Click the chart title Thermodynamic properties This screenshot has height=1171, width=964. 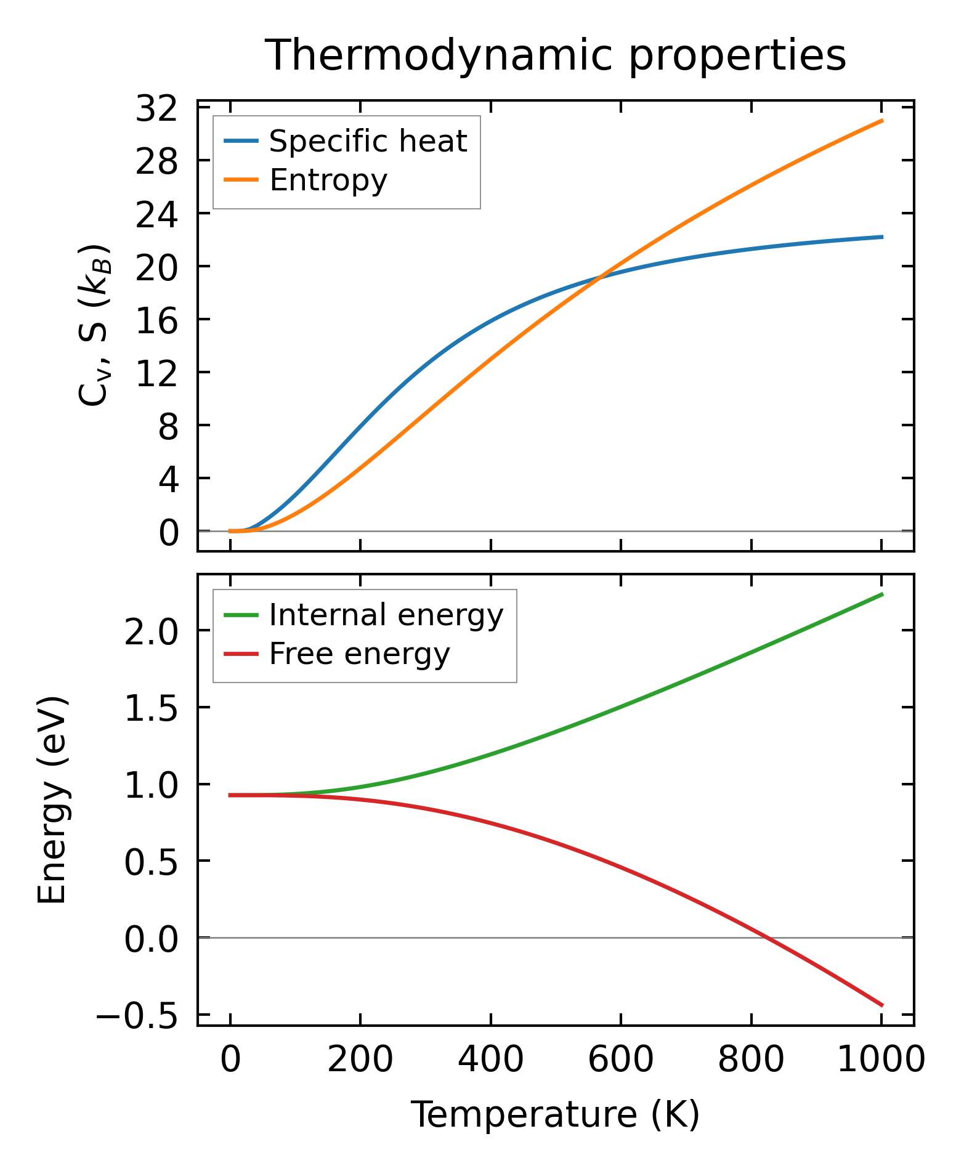coord(555,56)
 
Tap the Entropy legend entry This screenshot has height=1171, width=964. coord(328,180)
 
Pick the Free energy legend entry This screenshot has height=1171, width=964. coord(359,654)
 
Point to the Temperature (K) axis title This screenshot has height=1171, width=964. coord(555,1114)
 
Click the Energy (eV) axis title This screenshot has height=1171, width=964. coord(52,800)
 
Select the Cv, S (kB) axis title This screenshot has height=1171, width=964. coord(94,325)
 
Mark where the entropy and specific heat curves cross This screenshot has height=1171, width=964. coord(598,278)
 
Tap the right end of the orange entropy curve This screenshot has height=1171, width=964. coord(882,121)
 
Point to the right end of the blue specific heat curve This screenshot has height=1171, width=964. coord(882,237)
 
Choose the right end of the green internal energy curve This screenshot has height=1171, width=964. coord(882,594)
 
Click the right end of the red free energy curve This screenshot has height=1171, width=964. coord(882,1005)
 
